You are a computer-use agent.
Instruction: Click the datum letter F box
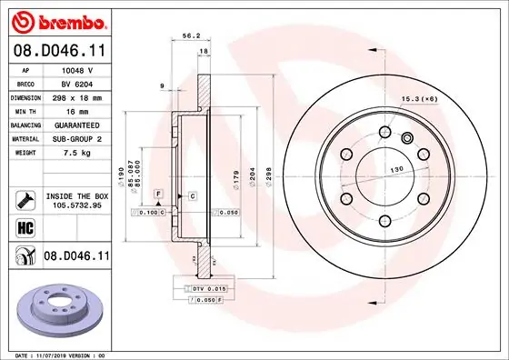pos(157,195)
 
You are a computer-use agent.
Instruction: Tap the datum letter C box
pos(193,195)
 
